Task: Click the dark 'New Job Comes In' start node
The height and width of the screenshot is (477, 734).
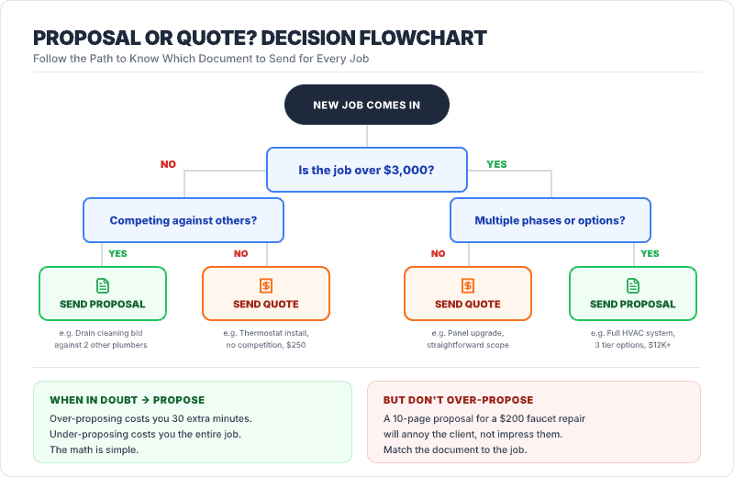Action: [366, 105]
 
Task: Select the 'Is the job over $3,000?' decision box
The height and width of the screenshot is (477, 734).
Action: [366, 170]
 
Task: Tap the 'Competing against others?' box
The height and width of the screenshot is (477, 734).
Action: [183, 220]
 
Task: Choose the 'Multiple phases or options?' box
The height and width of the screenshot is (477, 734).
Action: [550, 220]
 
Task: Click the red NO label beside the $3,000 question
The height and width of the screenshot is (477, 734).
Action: [168, 165]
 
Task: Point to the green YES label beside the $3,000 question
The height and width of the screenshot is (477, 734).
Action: [496, 165]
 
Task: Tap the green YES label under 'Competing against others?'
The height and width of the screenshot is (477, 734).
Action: [118, 254]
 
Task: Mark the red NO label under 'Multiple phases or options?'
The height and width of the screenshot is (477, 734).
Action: [439, 254]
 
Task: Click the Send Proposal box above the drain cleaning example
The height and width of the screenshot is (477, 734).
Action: [102, 294]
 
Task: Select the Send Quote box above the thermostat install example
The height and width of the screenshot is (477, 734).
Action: [265, 294]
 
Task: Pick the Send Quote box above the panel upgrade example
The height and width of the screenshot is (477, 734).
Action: [468, 294]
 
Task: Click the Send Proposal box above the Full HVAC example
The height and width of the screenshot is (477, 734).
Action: [632, 294]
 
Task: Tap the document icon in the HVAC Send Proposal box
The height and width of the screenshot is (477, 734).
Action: [632, 285]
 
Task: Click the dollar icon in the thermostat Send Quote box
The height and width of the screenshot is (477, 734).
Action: [265, 285]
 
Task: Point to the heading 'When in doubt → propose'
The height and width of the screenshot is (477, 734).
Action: [127, 400]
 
